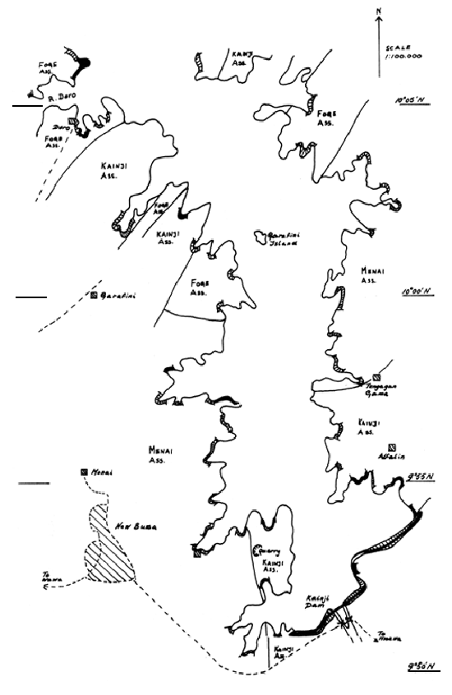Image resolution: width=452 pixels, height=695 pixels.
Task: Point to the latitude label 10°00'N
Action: coord(417,292)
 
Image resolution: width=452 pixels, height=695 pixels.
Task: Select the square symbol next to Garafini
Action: coord(95,295)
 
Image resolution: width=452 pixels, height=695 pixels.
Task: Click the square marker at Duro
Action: coord(72,122)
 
